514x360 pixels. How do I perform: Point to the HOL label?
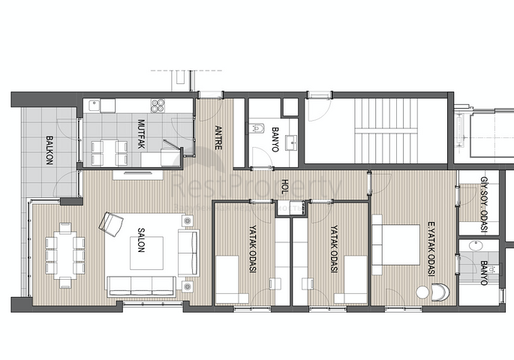pos(284,185)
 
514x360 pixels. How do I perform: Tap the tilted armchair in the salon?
pos(113,223)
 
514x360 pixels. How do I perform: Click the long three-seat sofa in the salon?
pos(141,285)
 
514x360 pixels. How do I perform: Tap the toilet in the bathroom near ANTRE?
pos(256,130)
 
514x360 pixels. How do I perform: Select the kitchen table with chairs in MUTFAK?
pos(106,152)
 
